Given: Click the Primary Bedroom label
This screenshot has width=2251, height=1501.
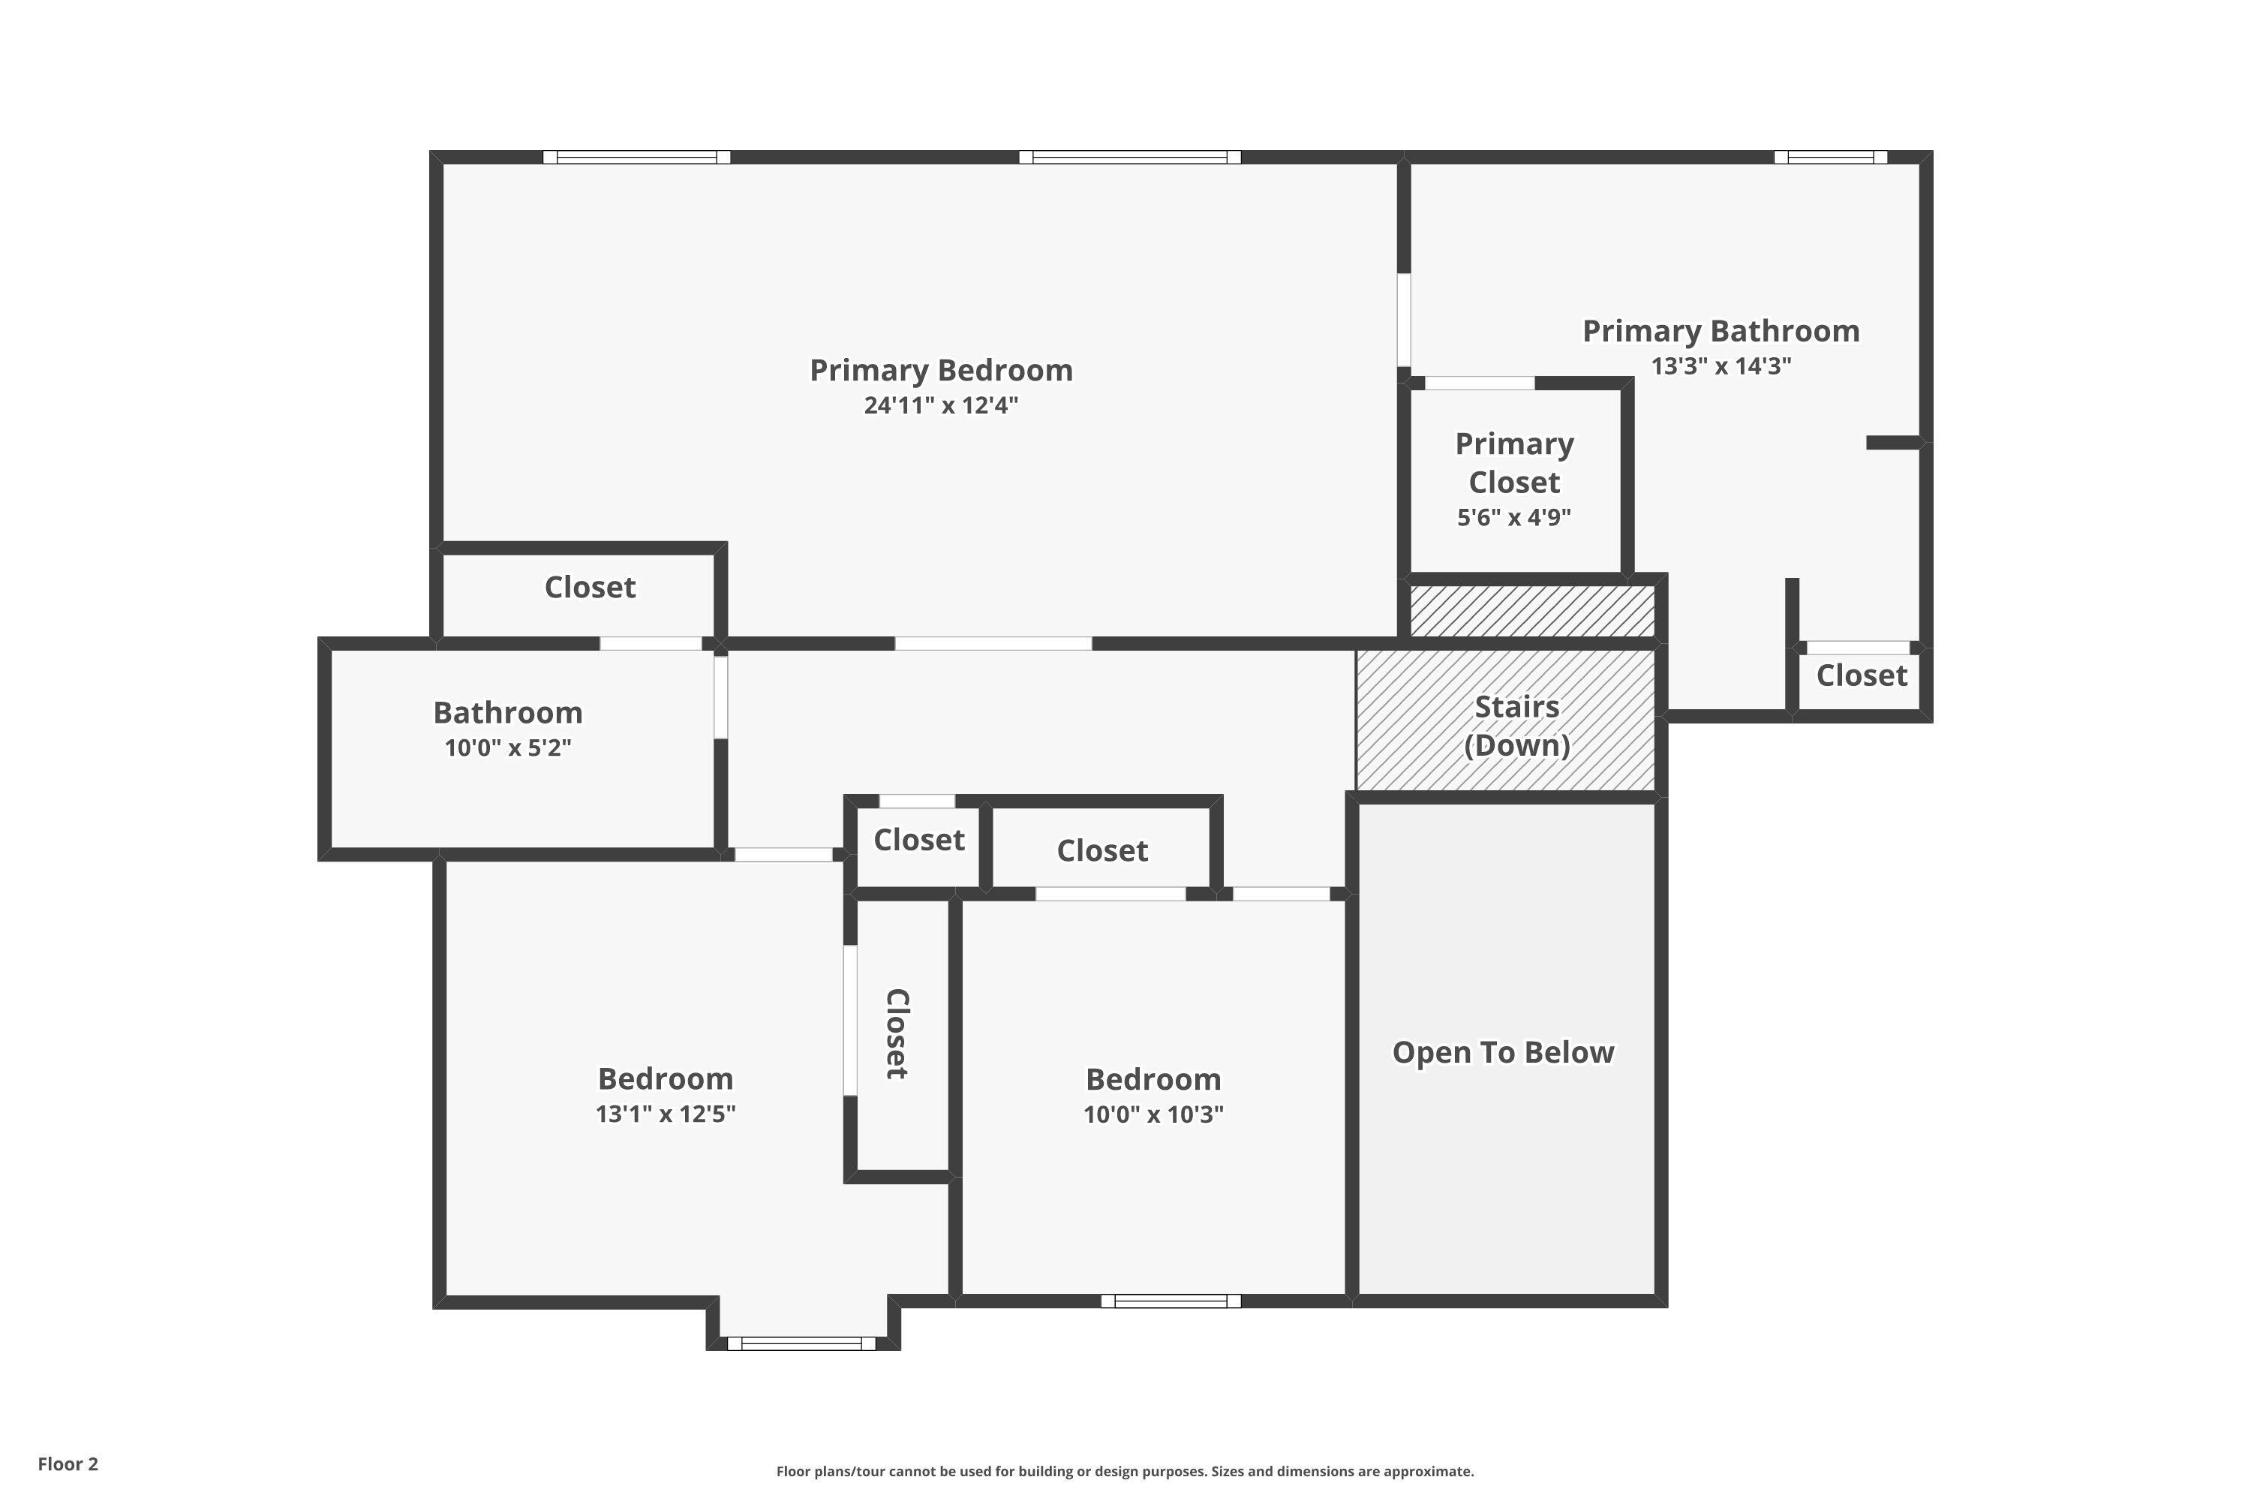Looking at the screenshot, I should coord(941,371).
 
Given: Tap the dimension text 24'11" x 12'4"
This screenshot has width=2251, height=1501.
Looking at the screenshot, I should coord(941,405).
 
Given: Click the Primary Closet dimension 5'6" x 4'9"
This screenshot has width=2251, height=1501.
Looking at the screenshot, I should coord(1514,518).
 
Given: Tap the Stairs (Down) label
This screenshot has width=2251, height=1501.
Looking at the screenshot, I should coord(1517,726).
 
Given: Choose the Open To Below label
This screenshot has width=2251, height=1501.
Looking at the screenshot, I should coord(1503,1052).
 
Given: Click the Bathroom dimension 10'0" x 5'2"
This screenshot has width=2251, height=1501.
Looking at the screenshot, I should coord(508,747).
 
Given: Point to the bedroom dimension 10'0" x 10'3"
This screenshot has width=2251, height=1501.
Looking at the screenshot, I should coord(1153,1114).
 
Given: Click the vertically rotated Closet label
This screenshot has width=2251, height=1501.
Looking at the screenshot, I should coord(897,1034).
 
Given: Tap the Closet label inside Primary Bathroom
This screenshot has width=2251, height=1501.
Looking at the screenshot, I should coord(1862,676).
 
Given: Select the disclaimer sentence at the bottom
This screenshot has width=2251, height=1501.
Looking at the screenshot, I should coord(1125,1471).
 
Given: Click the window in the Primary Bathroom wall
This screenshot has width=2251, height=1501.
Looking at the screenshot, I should coord(1830,157).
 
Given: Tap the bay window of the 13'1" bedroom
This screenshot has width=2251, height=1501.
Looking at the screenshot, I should coord(802,1343).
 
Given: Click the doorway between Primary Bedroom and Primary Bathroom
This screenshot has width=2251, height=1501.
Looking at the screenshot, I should coord(1404,320).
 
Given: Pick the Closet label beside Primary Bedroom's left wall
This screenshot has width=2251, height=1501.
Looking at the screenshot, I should coord(590,588).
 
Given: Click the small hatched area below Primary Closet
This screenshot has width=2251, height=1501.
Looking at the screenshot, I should coord(1532,611).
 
